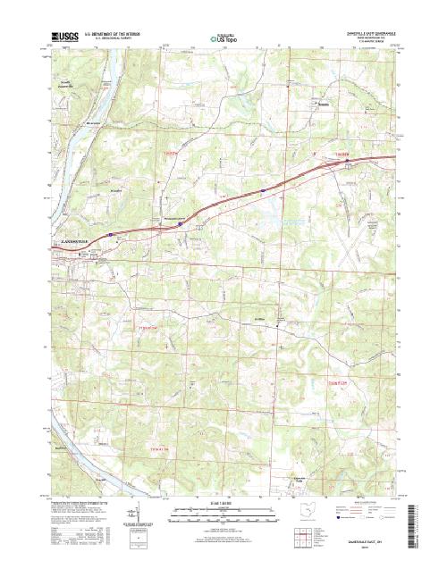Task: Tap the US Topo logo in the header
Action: coord(223,39)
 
